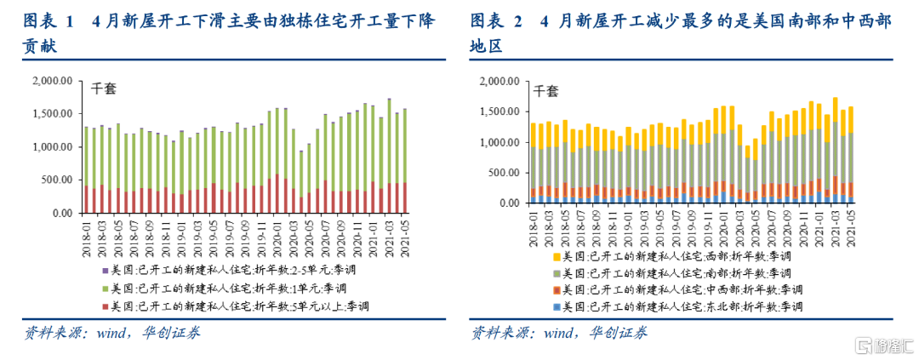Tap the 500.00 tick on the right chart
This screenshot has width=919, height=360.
pos(499,173)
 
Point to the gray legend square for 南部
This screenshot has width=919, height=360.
pos(556,273)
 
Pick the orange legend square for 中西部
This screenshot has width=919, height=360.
pos(556,290)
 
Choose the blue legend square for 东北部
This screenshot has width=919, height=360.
pos(556,307)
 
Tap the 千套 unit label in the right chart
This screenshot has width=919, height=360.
pos(545,90)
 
